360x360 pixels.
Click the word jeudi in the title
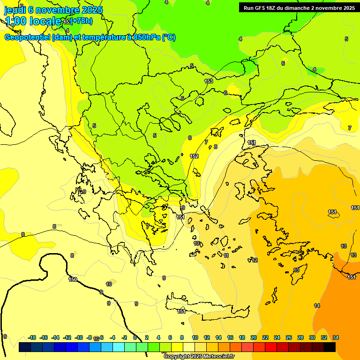[x=14, y=9]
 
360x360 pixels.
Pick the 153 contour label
[x=209, y=81]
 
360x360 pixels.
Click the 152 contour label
[x=194, y=156]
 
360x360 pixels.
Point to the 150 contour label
[x=73, y=279]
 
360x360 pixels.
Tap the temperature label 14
[x=317, y=306]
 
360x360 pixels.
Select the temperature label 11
[x=226, y=255]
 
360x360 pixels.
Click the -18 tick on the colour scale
[x=32, y=337]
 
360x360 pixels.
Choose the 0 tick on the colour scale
[x=135, y=337]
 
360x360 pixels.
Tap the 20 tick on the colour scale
[x=254, y=337]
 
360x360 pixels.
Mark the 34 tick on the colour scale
[x=336, y=337]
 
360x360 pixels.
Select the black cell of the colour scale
[x=330, y=347]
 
